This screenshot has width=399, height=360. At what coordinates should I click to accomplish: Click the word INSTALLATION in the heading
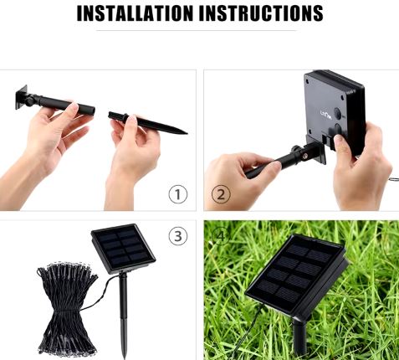(x=135, y=13)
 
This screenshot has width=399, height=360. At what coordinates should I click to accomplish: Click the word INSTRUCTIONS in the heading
(x=262, y=13)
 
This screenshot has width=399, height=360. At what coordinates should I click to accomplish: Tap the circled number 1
(x=178, y=194)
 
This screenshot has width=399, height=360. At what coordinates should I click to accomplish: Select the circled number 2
(x=221, y=194)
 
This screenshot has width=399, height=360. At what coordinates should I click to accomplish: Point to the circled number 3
(x=178, y=236)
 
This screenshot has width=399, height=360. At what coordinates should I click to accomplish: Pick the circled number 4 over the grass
(x=221, y=236)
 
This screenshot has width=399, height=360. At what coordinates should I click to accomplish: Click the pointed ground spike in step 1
(x=148, y=123)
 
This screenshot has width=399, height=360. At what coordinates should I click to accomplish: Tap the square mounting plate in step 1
(x=22, y=97)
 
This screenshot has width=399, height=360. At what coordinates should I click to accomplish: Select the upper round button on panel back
(x=338, y=114)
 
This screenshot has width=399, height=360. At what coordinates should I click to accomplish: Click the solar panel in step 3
(x=123, y=249)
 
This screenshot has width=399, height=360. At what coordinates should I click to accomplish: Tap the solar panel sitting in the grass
(x=297, y=275)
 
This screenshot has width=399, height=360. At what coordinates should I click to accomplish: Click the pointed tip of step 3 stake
(x=124, y=357)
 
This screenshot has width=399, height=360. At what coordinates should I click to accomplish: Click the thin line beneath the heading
(x=197, y=30)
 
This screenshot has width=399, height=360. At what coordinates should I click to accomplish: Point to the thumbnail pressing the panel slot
(x=338, y=139)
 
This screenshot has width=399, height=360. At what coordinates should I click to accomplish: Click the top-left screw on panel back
(x=308, y=82)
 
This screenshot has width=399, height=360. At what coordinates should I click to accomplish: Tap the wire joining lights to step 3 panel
(x=102, y=293)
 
